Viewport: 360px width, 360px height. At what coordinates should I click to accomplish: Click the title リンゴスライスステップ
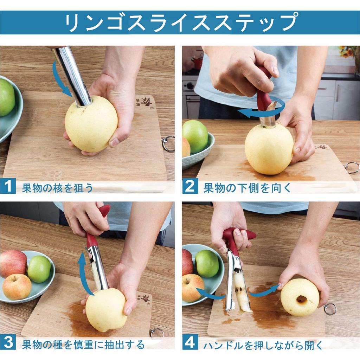coord(180,22)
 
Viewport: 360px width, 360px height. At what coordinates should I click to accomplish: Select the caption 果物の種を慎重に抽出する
coord(83,343)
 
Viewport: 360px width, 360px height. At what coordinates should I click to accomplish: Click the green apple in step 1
coord(7,97)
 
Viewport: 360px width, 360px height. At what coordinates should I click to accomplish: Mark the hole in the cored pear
coord(301,299)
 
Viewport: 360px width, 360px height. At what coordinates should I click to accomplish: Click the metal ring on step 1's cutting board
coord(168,143)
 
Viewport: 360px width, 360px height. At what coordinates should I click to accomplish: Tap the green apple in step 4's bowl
coord(207,263)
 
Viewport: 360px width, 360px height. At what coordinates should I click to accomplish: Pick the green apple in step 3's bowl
coord(39,269)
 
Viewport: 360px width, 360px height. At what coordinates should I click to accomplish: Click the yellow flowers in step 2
coord(348,52)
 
